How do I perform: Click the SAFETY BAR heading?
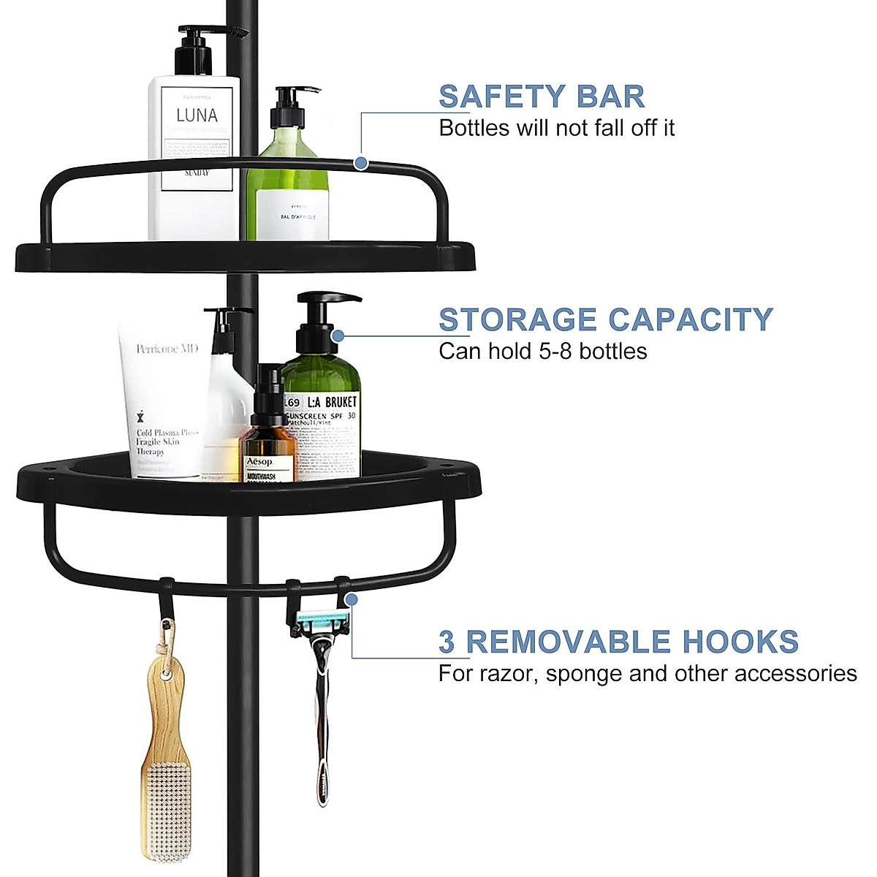pyautogui.click(x=541, y=96)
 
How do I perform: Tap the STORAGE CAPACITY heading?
pyautogui.click(x=605, y=319)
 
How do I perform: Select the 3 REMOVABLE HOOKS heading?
pyautogui.click(x=618, y=642)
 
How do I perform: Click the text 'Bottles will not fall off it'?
pyautogui.click(x=556, y=128)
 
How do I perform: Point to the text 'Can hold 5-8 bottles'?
pyautogui.click(x=542, y=352)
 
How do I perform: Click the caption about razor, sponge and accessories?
pyautogui.click(x=647, y=673)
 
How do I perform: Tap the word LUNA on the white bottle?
pyautogui.click(x=197, y=115)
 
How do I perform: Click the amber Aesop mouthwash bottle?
pyautogui.click(x=267, y=446)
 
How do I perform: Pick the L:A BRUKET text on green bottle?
pyautogui.click(x=332, y=402)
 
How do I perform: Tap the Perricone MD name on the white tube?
pyautogui.click(x=167, y=349)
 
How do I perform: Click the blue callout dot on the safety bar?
pyautogui.click(x=360, y=162)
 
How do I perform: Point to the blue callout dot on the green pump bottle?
pyautogui.click(x=337, y=336)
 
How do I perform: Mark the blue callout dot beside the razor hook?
pyautogui.click(x=352, y=599)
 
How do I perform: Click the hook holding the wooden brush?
pyautogui.click(x=167, y=596)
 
